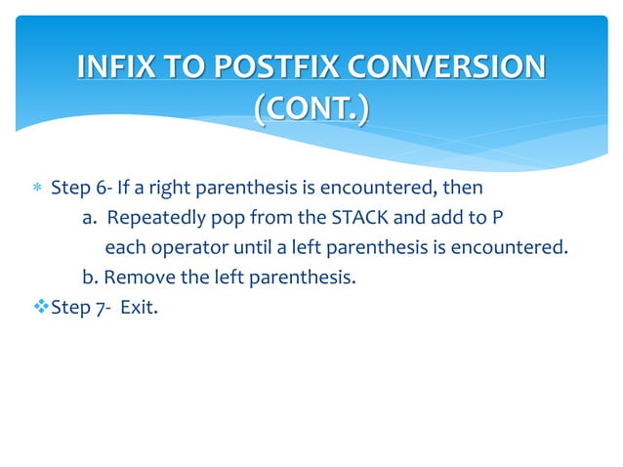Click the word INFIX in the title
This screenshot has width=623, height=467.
click(111, 67)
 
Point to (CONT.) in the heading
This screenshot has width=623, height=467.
click(311, 109)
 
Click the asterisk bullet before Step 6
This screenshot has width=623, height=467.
click(36, 187)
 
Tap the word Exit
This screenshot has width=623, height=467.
click(138, 308)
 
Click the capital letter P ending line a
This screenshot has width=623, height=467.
click(482, 216)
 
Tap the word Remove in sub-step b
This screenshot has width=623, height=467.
click(143, 277)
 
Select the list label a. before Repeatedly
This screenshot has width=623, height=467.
click(87, 216)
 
